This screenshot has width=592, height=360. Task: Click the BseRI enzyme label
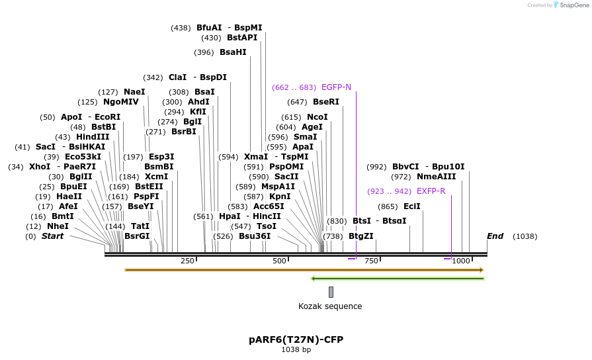click(x=325, y=102)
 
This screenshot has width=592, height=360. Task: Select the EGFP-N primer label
click(x=336, y=87)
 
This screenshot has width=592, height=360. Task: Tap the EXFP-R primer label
click(x=431, y=191)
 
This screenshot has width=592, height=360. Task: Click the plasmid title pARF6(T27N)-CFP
click(x=296, y=339)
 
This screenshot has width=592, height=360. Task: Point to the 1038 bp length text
click(x=296, y=349)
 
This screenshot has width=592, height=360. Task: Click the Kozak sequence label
click(x=330, y=306)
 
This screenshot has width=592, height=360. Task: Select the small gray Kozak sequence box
click(x=331, y=292)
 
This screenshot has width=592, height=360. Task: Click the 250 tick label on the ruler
click(x=187, y=261)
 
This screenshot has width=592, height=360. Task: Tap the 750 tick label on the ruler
click(x=370, y=261)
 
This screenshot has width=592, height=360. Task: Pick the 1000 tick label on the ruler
click(x=461, y=261)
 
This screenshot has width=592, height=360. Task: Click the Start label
click(x=53, y=236)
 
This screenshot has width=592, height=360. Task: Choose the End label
click(x=495, y=236)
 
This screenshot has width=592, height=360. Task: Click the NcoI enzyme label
click(x=317, y=117)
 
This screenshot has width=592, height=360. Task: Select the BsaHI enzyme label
click(x=233, y=52)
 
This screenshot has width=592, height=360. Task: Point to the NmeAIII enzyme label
click(x=436, y=177)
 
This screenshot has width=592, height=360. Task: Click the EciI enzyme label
click(x=412, y=206)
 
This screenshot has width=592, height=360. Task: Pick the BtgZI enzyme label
click(x=360, y=236)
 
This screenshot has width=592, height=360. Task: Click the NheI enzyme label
click(x=58, y=226)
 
